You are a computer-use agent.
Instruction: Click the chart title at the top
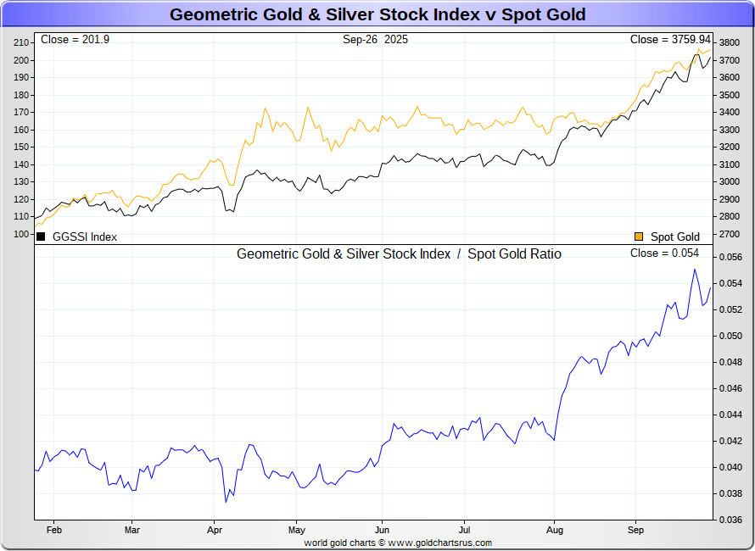(377, 14)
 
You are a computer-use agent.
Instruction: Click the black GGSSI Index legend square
(41, 237)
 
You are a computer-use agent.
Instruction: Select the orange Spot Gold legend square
(639, 237)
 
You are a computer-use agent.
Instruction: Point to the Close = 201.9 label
(71, 40)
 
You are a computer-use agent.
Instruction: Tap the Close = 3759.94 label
(669, 40)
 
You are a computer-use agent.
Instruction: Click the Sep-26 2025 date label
(375, 40)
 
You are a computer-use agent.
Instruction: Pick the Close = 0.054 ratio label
(664, 253)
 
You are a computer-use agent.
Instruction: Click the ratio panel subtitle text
(399, 253)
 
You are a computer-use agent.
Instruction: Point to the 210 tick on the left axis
(22, 42)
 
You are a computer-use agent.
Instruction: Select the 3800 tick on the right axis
(728, 42)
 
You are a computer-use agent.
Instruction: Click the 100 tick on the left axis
(22, 234)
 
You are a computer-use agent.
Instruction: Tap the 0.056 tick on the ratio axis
(730, 257)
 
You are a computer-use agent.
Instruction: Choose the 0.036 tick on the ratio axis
(730, 520)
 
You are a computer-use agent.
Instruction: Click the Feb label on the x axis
(53, 530)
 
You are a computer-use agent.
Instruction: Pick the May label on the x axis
(297, 530)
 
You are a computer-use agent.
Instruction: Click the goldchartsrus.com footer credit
(397, 543)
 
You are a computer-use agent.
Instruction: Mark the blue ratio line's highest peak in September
(695, 270)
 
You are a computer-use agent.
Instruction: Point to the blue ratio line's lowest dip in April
(226, 502)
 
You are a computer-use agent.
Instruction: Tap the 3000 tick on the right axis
(728, 181)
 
